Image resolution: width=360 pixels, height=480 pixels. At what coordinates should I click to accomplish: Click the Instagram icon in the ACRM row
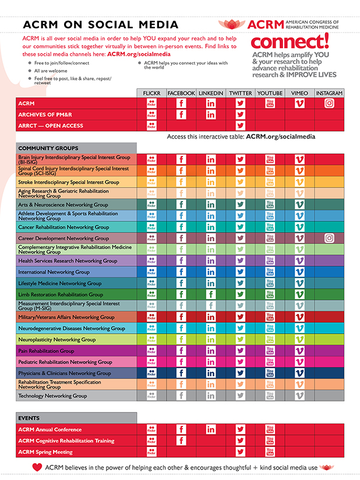click(329, 103)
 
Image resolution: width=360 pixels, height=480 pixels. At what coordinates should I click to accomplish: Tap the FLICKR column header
click(151, 93)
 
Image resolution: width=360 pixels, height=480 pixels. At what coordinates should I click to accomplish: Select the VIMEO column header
click(299, 93)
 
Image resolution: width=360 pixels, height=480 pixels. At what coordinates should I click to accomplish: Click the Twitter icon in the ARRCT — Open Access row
click(240, 125)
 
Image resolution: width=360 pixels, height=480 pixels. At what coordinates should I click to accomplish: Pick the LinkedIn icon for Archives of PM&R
click(211, 114)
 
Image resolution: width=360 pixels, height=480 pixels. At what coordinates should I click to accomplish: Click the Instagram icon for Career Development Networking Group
click(329, 238)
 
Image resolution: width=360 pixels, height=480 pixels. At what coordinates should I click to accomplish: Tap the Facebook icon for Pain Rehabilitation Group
click(181, 351)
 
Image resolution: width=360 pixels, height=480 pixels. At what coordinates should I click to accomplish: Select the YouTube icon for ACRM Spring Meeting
click(270, 452)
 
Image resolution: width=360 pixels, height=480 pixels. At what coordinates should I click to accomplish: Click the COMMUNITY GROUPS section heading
click(48, 148)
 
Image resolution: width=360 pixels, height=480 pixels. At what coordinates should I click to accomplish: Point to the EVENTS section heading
click(29, 418)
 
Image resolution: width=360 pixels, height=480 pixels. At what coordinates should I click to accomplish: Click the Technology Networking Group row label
click(52, 396)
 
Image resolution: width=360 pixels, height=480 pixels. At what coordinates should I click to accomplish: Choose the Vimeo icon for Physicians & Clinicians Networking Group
click(299, 373)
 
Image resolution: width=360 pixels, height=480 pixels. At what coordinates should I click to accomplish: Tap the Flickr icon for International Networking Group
click(151, 272)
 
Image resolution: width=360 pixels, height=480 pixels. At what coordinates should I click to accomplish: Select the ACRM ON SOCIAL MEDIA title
click(100, 24)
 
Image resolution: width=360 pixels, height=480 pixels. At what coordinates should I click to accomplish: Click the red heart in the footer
click(37, 467)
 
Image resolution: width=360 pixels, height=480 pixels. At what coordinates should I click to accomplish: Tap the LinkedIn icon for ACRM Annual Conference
click(211, 429)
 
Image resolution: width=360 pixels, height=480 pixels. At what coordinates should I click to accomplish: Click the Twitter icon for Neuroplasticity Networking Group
click(240, 340)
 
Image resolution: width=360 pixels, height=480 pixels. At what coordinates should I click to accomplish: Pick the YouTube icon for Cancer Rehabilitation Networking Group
click(270, 227)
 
